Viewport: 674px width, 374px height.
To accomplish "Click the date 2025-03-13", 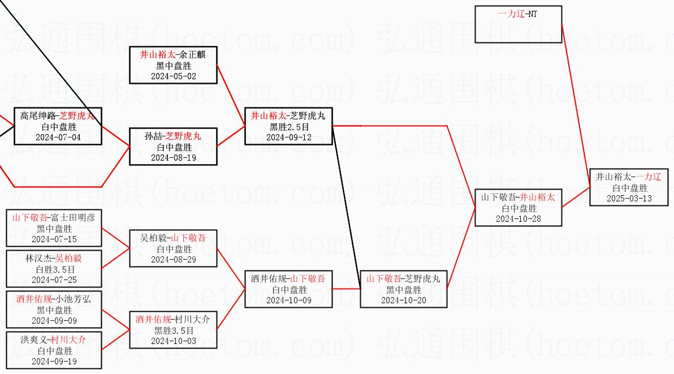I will coord(629,199).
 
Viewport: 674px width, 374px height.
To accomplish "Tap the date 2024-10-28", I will coord(519,219).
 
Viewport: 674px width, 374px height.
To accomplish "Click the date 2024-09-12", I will coord(288,137).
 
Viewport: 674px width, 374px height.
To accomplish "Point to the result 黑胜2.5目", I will coord(289,127).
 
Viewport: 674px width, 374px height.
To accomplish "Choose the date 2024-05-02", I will coord(173,76).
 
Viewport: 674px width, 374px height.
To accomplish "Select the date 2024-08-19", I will coord(173,158).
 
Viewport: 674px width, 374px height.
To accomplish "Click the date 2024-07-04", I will coord(58,137).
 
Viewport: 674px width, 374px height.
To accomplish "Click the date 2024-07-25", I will coord(54,280).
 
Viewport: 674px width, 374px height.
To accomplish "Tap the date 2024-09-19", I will coord(54,362).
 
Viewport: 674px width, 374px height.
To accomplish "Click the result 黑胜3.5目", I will coord(174,330).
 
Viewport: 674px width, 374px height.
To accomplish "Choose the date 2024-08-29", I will coord(173,260).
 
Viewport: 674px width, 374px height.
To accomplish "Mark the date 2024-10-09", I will coord(288,300).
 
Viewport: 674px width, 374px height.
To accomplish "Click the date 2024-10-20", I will coord(404,300).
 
